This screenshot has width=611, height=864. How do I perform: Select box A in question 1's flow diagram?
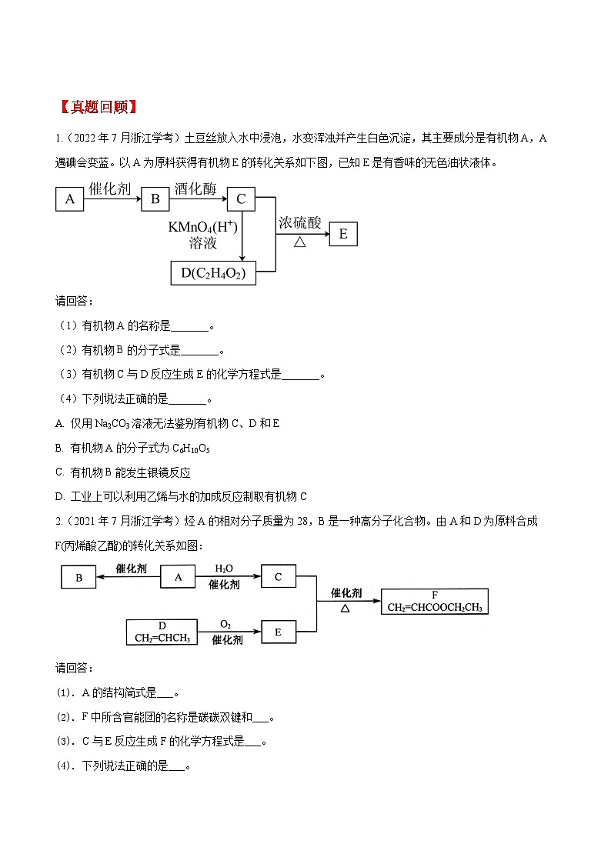coord(70,200)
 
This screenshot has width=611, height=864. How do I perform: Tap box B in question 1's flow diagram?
coord(155,200)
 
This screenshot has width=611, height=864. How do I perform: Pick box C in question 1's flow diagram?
coord(241,200)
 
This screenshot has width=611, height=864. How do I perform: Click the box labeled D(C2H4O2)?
coord(212,272)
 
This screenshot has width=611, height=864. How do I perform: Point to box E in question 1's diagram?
coord(343,234)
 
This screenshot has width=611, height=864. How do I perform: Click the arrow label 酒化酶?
coord(195,188)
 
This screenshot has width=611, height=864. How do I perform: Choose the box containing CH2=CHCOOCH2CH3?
coord(435,602)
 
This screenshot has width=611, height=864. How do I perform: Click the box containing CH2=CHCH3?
coord(162,632)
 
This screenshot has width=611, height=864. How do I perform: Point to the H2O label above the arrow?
coord(224,568)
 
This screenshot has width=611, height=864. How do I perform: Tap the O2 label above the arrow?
coord(225,624)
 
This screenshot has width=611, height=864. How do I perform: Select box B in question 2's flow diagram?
coord(79,577)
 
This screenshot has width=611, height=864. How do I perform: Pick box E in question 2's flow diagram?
coord(279,632)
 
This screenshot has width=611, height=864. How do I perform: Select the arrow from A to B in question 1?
coord(112,200)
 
